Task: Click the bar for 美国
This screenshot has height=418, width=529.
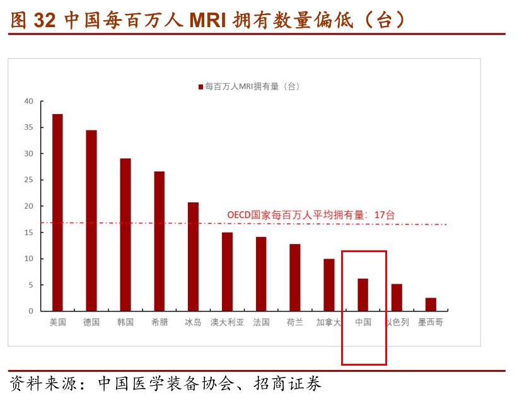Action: tap(57, 212)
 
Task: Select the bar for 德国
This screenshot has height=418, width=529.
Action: tap(91, 221)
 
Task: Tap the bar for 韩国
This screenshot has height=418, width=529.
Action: tap(125, 235)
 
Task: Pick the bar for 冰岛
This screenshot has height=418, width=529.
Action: tap(193, 257)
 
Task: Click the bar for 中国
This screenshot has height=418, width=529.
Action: tap(363, 294)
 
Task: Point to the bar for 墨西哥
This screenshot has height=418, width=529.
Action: tap(431, 304)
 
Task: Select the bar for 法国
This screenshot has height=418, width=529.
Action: tap(261, 274)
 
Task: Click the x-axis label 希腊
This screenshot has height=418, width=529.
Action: tap(160, 322)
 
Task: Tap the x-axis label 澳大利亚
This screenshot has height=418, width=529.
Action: tap(227, 322)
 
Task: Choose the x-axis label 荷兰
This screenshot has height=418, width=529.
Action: tap(295, 322)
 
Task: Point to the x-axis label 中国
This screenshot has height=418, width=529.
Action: tap(363, 322)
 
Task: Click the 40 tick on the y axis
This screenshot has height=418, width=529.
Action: tap(28, 101)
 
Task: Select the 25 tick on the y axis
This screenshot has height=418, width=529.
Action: tap(28, 180)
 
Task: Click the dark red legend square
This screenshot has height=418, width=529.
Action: tap(201, 86)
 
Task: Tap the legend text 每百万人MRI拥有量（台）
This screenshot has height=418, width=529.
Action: tap(252, 86)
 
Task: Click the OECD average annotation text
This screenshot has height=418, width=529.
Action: tap(311, 215)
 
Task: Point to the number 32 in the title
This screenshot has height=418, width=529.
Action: tap(45, 20)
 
